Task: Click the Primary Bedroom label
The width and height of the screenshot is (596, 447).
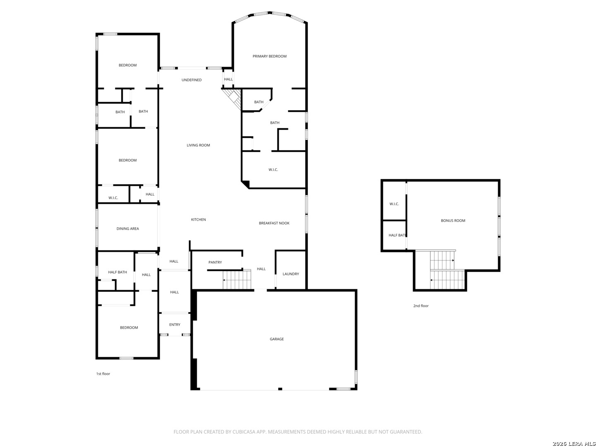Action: [269, 56]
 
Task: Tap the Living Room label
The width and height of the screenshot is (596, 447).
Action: [198, 145]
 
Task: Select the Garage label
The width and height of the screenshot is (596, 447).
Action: [277, 339]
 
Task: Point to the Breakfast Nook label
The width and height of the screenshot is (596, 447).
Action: [274, 223]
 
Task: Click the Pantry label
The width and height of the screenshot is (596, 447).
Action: [215, 262]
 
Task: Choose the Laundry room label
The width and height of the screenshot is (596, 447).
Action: [291, 274]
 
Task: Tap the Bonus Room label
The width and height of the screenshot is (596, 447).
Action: [453, 221]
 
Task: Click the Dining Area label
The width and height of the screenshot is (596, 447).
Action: [127, 228]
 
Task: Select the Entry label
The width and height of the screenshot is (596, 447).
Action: [175, 324]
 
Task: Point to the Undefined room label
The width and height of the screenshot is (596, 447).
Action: [192, 80]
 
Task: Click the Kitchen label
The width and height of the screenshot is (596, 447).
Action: [198, 219]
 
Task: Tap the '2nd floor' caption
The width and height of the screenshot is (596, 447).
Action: [421, 305]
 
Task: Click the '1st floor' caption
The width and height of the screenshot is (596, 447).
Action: [103, 374]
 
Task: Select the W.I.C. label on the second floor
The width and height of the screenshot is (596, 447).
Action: [394, 204]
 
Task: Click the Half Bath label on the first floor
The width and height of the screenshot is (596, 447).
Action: [117, 272]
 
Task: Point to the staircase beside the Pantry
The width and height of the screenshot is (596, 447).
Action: [237, 280]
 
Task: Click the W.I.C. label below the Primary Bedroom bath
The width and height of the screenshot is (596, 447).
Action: [273, 170]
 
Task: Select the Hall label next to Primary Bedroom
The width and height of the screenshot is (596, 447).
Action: [228, 79]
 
